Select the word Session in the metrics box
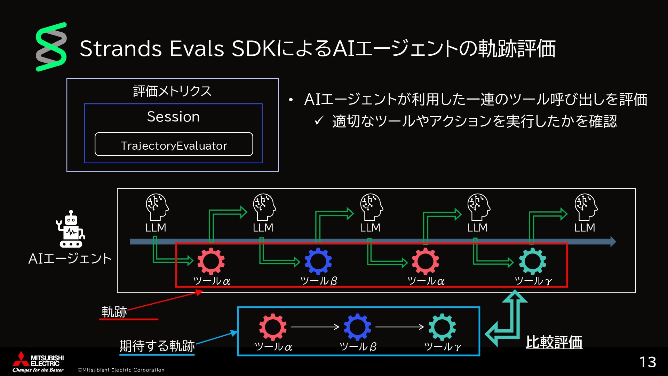[x=173, y=117]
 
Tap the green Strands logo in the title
[x=51, y=47]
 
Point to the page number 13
[x=647, y=362]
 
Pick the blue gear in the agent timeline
[x=318, y=261]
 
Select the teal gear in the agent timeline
[x=532, y=261]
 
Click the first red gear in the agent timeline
[x=211, y=261]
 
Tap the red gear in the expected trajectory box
[x=273, y=327]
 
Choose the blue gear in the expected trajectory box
[x=357, y=327]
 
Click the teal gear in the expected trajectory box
[x=442, y=327]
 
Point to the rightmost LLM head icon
[x=586, y=207]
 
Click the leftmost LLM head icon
[x=157, y=207]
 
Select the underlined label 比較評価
[x=554, y=342]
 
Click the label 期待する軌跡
[x=157, y=346]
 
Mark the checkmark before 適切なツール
[x=319, y=121]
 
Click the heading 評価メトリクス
[x=173, y=91]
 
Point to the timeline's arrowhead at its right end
[x=613, y=242]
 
